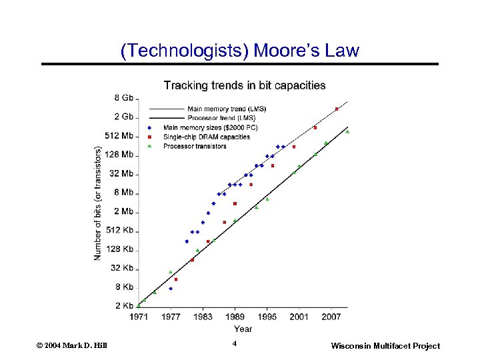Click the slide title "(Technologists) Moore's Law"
click(x=239, y=51)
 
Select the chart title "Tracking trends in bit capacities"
click(x=245, y=85)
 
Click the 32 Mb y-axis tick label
click(x=121, y=173)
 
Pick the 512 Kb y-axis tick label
click(x=119, y=230)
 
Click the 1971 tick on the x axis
click(x=139, y=317)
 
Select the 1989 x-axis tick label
click(x=235, y=317)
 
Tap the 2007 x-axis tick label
click(x=331, y=317)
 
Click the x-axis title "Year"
click(x=243, y=328)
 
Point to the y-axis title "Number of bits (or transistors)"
click(x=98, y=203)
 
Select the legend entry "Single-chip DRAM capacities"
click(x=207, y=137)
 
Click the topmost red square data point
click(x=337, y=109)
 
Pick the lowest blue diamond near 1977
click(x=171, y=289)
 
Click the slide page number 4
click(x=235, y=343)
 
